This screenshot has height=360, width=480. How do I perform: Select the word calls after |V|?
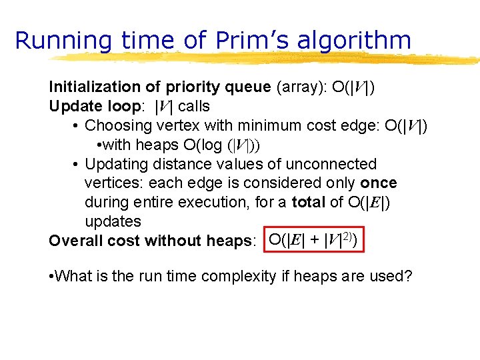(x=193, y=106)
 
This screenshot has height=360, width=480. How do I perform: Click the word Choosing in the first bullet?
(x=117, y=126)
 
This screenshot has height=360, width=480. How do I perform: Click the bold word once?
(x=379, y=183)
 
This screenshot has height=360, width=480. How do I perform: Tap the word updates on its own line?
(x=113, y=221)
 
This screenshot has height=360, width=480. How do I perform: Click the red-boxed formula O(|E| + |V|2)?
(x=315, y=240)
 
